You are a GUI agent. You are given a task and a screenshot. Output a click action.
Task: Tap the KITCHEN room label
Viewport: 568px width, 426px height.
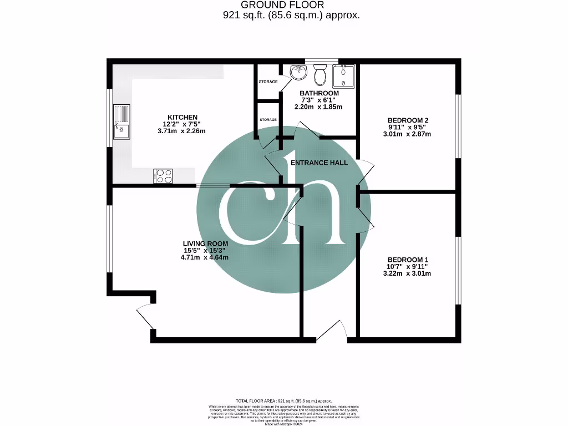(x=183, y=117)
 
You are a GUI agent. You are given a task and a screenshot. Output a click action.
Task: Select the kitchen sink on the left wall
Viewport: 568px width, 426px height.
(x=121, y=121)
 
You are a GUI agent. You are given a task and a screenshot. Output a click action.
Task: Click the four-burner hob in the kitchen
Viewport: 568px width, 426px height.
(x=163, y=176)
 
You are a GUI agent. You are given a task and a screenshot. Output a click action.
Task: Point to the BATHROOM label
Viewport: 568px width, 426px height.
(x=319, y=93)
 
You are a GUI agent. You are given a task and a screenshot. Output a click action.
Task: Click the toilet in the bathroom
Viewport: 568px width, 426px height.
(x=320, y=74)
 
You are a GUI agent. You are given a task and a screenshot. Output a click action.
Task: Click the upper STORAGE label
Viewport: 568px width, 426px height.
(x=268, y=82)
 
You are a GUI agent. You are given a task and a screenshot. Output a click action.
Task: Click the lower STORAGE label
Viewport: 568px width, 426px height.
(x=268, y=120)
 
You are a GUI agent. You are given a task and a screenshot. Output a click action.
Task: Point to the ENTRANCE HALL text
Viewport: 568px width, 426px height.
(x=319, y=163)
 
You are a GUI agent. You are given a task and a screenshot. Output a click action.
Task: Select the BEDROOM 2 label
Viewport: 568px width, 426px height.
(x=408, y=120)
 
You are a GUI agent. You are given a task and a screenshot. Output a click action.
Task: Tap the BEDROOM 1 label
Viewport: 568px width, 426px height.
(x=408, y=260)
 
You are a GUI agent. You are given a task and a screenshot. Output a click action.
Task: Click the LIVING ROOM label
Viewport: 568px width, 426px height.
(x=205, y=244)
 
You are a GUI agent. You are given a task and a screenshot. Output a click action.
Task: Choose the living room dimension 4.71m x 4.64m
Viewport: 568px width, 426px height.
(x=205, y=257)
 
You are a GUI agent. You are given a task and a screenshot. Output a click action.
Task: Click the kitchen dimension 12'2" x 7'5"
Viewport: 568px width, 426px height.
(x=183, y=124)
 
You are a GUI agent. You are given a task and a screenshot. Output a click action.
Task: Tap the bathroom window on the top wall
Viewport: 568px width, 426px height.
(x=322, y=60)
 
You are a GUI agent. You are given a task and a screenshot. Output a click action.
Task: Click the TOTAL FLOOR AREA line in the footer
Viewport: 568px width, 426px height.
(x=283, y=400)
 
